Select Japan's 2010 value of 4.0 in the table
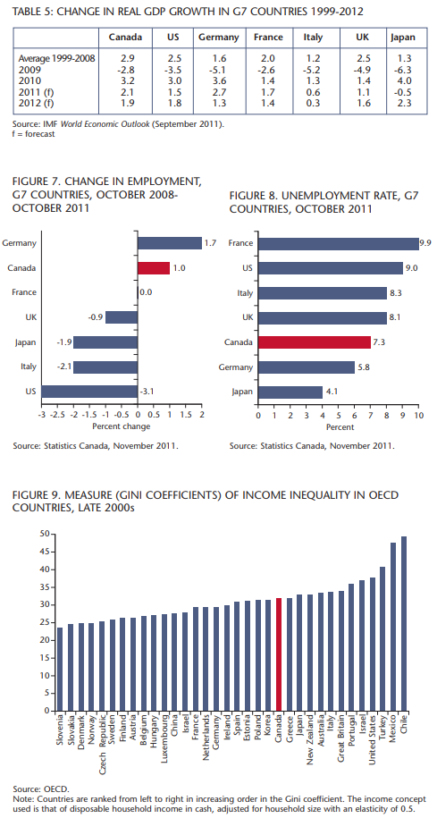(x=404, y=80)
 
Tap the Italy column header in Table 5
(x=313, y=38)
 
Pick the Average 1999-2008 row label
(x=57, y=58)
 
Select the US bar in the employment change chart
(x=89, y=392)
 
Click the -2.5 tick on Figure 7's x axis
(x=57, y=415)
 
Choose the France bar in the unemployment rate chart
(x=339, y=243)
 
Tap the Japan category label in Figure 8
(x=243, y=392)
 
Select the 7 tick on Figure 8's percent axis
(x=370, y=415)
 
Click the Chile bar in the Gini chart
(x=404, y=623)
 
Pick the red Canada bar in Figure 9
(x=279, y=654)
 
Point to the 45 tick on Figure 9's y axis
(x=45, y=552)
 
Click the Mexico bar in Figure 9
(x=393, y=627)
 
